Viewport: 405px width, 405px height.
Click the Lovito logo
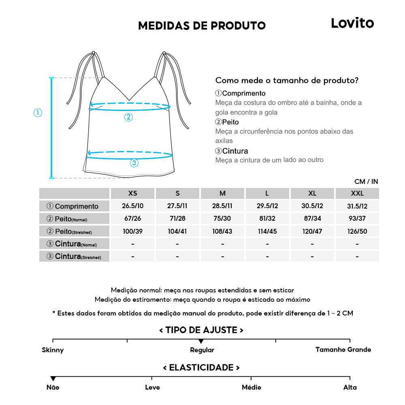coord(352,23)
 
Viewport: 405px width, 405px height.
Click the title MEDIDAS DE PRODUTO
coord(202,26)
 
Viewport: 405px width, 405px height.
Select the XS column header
coord(132,194)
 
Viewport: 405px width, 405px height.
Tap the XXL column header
coord(357,194)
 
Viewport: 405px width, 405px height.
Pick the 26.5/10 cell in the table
coord(132,206)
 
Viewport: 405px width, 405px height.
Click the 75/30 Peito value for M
coord(222,219)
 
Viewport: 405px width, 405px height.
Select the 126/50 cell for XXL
coord(357,232)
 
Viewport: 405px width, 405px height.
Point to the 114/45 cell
coord(267,232)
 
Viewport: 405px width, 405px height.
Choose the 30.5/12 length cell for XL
coord(312,206)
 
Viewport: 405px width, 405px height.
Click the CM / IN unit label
coord(366,182)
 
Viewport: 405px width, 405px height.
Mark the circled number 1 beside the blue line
coord(38,113)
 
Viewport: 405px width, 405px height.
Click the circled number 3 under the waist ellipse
coord(134,163)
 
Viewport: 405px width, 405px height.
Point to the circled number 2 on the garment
coord(128,117)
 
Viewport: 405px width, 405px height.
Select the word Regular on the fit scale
coord(202,350)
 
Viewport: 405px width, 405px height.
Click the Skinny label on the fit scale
coord(53,350)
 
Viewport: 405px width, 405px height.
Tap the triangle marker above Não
coord(53,379)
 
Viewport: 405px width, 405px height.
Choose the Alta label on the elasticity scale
coord(350,388)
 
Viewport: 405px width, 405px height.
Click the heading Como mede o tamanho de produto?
coord(287,80)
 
